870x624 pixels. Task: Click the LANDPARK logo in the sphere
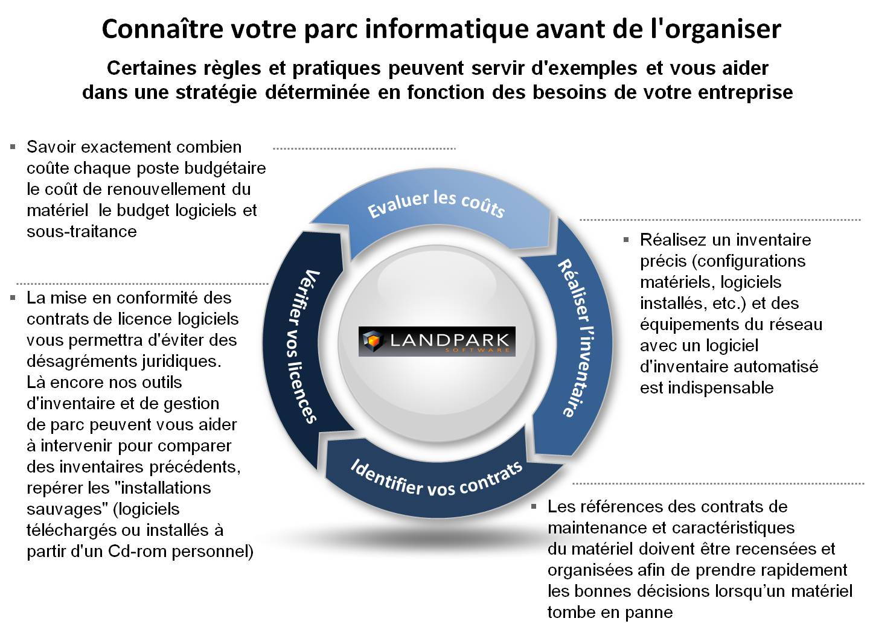pos(437,342)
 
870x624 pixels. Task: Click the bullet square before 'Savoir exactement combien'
pos(13,147)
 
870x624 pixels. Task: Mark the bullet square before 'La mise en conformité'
pos(13,298)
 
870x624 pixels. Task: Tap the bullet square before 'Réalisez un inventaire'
pos(626,240)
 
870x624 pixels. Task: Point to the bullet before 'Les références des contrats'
pos(534,506)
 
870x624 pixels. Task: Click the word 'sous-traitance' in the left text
pos(82,231)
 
